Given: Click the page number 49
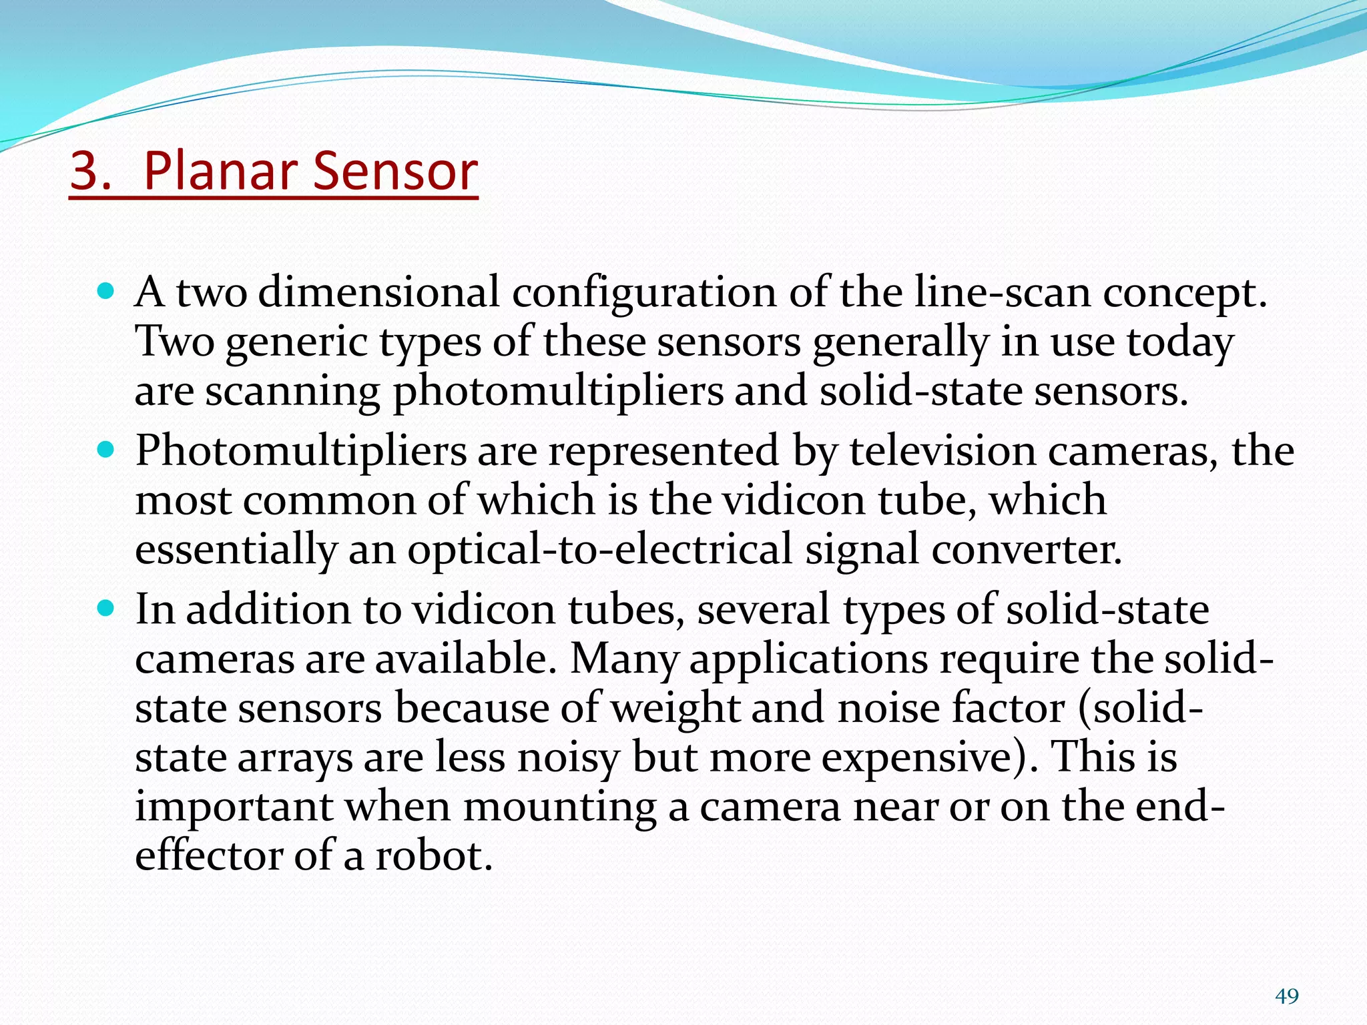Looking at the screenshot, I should [1286, 996].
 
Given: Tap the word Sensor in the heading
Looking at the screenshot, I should [395, 172].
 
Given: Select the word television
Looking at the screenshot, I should [942, 451].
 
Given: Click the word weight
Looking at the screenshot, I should [675, 709].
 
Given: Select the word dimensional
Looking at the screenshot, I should [378, 294].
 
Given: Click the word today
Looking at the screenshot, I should [1180, 343].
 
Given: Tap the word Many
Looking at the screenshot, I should [623, 659].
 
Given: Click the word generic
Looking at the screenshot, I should [296, 343].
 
